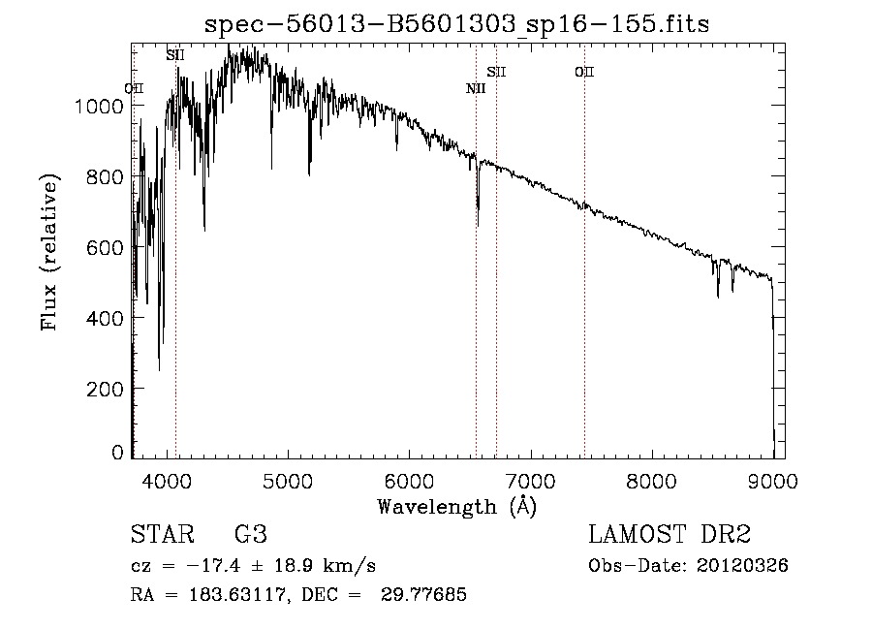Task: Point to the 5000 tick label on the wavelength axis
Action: click(287, 479)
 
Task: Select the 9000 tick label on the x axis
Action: click(772, 479)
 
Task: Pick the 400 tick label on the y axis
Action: click(106, 318)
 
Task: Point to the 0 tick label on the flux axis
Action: click(118, 453)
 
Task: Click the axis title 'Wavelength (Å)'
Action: click(456, 506)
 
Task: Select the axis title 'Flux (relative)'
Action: click(48, 251)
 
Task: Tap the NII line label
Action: click(475, 89)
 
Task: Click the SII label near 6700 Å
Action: click(496, 72)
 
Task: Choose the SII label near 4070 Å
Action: click(174, 55)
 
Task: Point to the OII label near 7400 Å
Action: click(583, 72)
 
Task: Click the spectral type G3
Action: click(250, 535)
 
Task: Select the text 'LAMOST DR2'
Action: click(670, 535)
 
